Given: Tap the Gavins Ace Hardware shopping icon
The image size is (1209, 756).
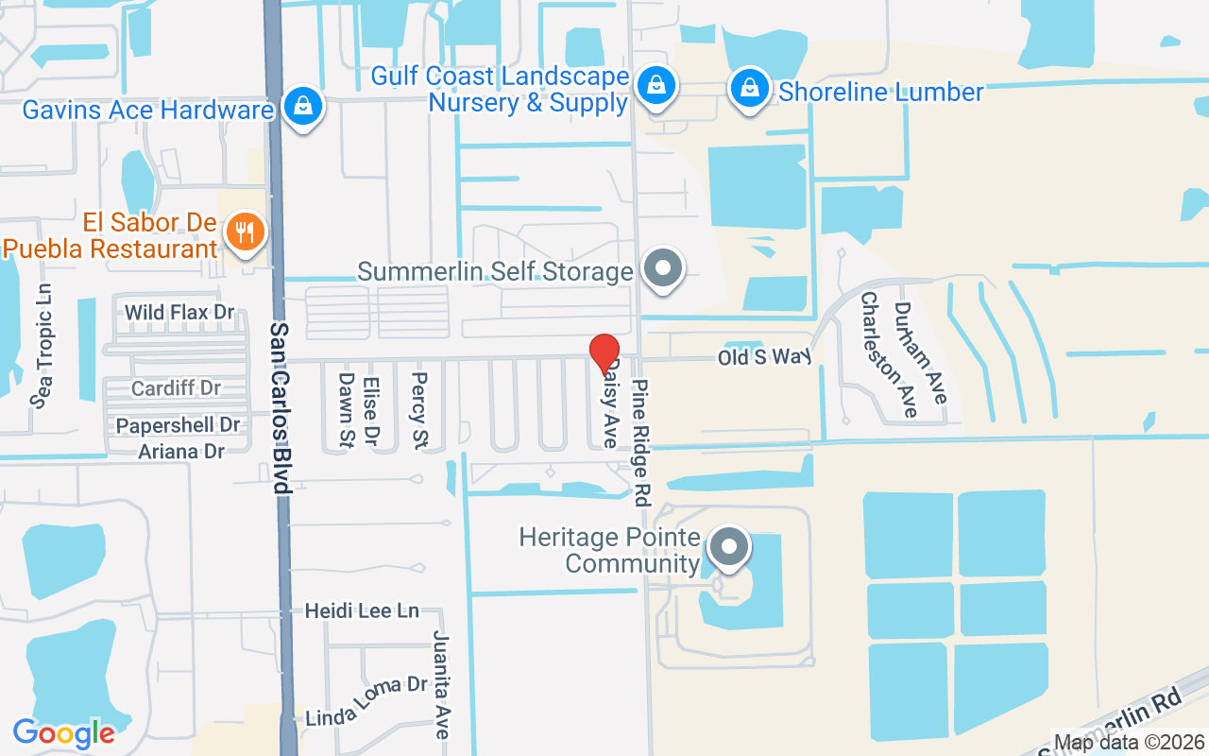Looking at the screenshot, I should tap(302, 106).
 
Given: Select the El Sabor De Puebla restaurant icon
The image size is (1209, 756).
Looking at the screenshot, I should tap(245, 232).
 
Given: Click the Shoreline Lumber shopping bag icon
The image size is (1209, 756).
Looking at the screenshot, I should tap(749, 89).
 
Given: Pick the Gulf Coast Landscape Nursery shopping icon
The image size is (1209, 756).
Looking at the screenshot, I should tap(655, 85).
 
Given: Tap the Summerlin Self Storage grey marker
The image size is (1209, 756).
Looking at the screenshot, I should tap(663, 268).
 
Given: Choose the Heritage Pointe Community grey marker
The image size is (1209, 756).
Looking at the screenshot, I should tap(728, 548).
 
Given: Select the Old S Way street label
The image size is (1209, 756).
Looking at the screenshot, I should tap(764, 357).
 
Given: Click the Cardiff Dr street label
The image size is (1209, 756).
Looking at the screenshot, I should tap(176, 388).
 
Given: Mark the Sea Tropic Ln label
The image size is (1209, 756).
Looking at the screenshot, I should tap(43, 346).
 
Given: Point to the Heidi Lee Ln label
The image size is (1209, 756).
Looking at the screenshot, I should tap(361, 611).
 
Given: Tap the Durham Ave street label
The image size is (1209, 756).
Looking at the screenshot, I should tap(920, 352).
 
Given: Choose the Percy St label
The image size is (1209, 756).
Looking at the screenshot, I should tap(419, 409).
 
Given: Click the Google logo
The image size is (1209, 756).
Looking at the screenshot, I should tap(63, 733).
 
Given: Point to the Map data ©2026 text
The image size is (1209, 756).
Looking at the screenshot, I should tap(1130, 743).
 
